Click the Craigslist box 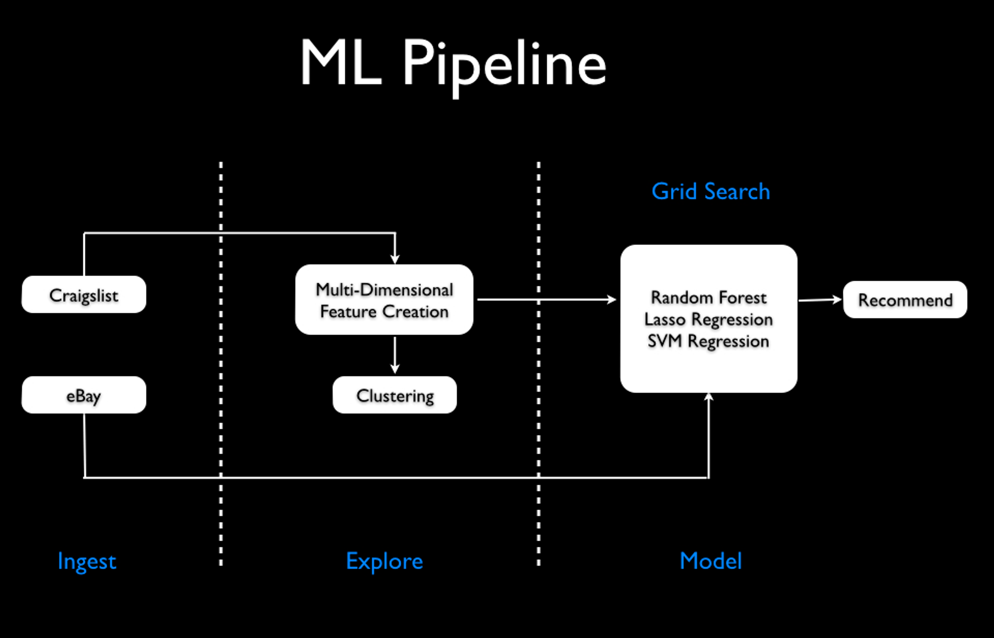83,294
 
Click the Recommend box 904,299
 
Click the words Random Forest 708,297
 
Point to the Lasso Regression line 708,319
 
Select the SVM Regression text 708,341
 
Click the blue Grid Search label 710,191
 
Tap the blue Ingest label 86,561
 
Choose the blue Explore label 384,561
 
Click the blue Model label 710,561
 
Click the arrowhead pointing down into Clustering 394,368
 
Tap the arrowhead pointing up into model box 708,397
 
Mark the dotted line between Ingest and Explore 221,363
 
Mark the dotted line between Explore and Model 538,363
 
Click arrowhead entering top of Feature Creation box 394,258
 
